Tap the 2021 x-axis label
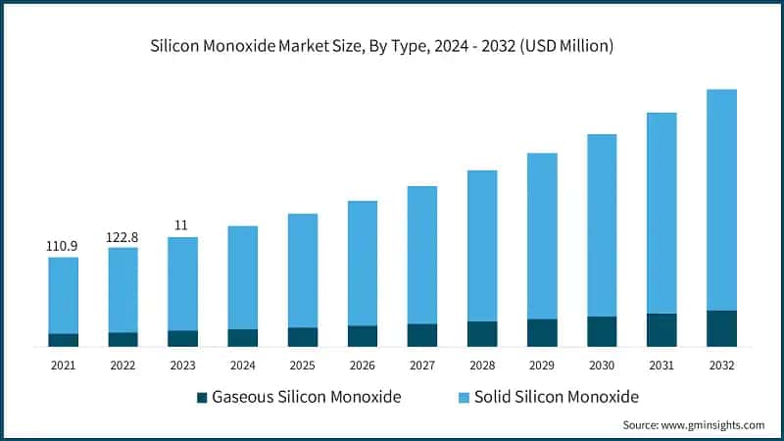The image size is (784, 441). click(x=63, y=365)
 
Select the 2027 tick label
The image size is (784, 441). click(x=421, y=365)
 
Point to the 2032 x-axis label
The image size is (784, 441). click(x=721, y=365)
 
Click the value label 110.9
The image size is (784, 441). click(x=63, y=245)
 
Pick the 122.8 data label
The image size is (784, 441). click(x=122, y=235)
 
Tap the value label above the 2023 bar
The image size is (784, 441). click(x=182, y=224)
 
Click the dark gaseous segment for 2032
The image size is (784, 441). click(x=721, y=328)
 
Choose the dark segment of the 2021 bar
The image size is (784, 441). click(x=63, y=339)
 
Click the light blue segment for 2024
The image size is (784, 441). click(x=242, y=277)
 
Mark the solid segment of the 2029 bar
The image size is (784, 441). click(x=542, y=235)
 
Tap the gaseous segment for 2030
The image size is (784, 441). click(x=602, y=331)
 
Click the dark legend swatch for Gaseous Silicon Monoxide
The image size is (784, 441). click(x=202, y=397)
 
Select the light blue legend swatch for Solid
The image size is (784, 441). click(x=464, y=397)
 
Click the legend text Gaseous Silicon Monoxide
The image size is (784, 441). click(x=307, y=397)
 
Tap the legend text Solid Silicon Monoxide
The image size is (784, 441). click(x=557, y=397)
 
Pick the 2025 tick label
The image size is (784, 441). click(x=302, y=365)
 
